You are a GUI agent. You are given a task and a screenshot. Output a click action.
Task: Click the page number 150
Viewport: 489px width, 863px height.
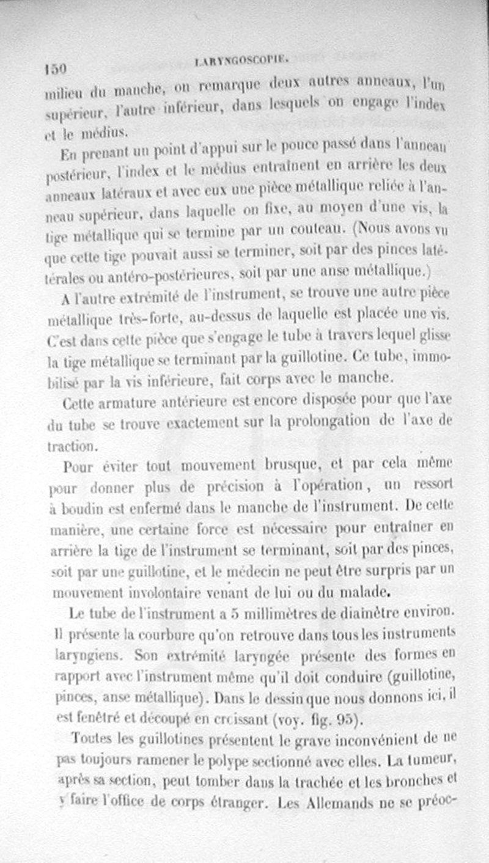[x=54, y=68]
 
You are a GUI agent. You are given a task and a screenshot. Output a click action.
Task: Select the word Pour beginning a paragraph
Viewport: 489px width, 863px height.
[x=77, y=466]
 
